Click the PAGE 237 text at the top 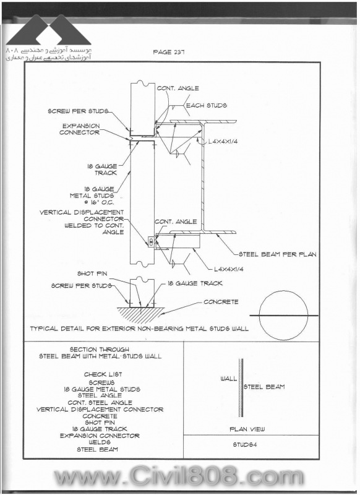pos(168,52)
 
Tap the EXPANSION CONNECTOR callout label pos(80,129)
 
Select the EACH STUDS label pos(207,105)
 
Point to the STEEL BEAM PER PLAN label pos(277,254)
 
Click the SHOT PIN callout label pos(92,273)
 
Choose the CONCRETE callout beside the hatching pos(221,302)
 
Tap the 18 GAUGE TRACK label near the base pos(195,283)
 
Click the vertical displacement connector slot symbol pos(151,242)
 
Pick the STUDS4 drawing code pos(245,444)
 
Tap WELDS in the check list pos(100,442)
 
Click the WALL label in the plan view pos(229,379)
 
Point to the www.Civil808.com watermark pos(179,476)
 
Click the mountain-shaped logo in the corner pos(49,30)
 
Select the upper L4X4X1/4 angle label pos(223,142)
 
